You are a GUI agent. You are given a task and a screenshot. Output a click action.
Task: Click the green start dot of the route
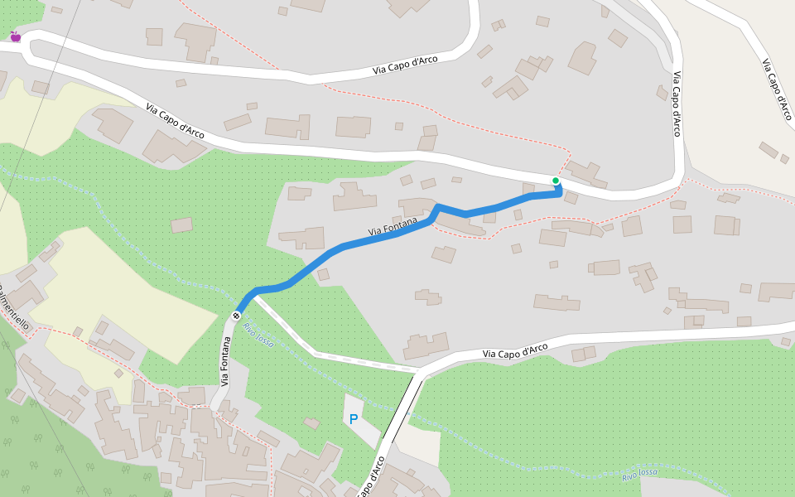pyautogui.click(x=556, y=181)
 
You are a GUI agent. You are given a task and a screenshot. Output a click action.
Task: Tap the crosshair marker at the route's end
pyautogui.click(x=237, y=315)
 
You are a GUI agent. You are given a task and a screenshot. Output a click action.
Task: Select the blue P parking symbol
pyautogui.click(x=354, y=419)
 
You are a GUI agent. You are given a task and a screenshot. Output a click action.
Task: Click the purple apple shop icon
pyautogui.click(x=15, y=36)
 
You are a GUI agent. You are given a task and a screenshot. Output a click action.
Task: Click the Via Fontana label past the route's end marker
pyautogui.click(x=224, y=361)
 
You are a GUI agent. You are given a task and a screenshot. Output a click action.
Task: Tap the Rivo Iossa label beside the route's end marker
pyautogui.click(x=258, y=334)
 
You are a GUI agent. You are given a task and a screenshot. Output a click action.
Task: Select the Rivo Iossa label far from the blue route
pyautogui.click(x=639, y=474)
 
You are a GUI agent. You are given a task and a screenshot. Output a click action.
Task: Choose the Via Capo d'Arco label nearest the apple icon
pyautogui.click(x=175, y=120)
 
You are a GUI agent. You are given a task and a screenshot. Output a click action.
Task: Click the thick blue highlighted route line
pyautogui.click(x=356, y=243)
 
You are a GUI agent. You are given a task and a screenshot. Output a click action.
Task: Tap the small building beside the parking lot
pyautogui.click(x=311, y=423)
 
